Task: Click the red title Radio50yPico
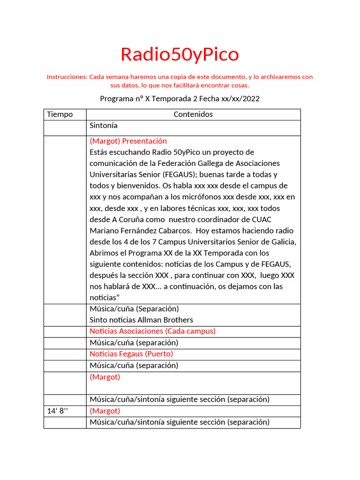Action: click(x=180, y=55)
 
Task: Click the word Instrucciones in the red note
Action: click(x=67, y=77)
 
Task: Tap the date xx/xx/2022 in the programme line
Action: click(x=238, y=99)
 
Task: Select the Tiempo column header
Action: click(x=60, y=114)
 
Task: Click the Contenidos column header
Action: click(x=193, y=114)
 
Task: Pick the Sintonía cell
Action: click(x=104, y=126)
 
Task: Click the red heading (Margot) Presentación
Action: click(x=128, y=141)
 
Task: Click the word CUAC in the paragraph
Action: click(x=261, y=219)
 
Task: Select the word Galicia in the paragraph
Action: click(x=282, y=242)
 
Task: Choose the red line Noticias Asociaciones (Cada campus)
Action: click(x=152, y=331)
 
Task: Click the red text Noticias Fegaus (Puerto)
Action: click(x=131, y=354)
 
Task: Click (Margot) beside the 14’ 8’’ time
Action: click(x=105, y=411)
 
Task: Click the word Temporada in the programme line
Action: click(x=175, y=99)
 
